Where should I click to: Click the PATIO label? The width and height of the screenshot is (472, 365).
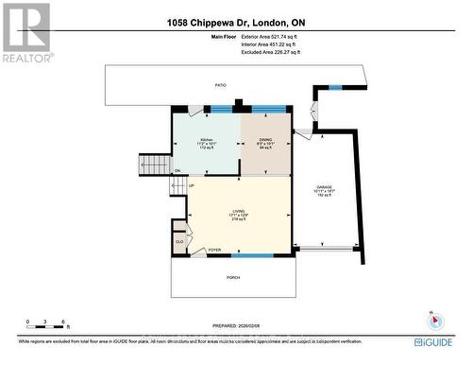[x=220, y=85]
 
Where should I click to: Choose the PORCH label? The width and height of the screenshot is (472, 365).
[x=232, y=277]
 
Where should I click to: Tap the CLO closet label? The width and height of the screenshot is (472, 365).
[x=178, y=241]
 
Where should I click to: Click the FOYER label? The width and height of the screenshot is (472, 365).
[x=214, y=250]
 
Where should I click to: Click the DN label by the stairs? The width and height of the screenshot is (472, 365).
[x=177, y=170]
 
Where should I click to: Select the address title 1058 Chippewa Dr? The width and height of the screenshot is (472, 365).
[x=235, y=22]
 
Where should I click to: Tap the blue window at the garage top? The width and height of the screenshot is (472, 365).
[x=335, y=87]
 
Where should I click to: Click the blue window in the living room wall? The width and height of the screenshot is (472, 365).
[x=247, y=255]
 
